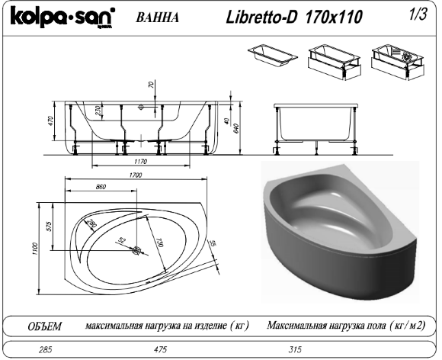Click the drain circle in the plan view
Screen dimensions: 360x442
137,250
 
